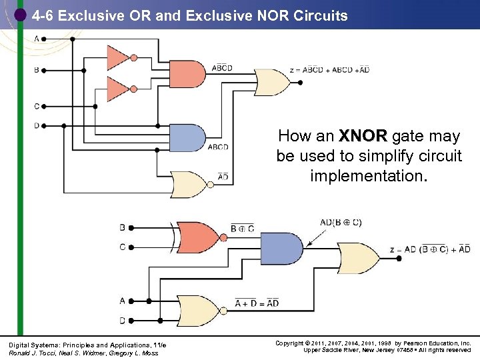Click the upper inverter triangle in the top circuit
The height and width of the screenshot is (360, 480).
pyautogui.click(x=117, y=58)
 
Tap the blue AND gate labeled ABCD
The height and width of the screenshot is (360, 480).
pyautogui.click(x=187, y=137)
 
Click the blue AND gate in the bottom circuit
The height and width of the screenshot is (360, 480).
pyautogui.click(x=281, y=249)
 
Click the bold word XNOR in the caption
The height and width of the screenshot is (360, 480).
pyautogui.click(x=362, y=137)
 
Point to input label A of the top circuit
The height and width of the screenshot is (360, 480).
pyautogui.click(x=36, y=39)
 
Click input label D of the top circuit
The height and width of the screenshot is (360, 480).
pyautogui.click(x=36, y=125)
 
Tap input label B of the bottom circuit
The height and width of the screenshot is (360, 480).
pyautogui.click(x=122, y=227)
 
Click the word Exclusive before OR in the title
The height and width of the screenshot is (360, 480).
pyautogui.click(x=89, y=15)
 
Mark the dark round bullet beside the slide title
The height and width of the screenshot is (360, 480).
pyautogui.click(x=20, y=15)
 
